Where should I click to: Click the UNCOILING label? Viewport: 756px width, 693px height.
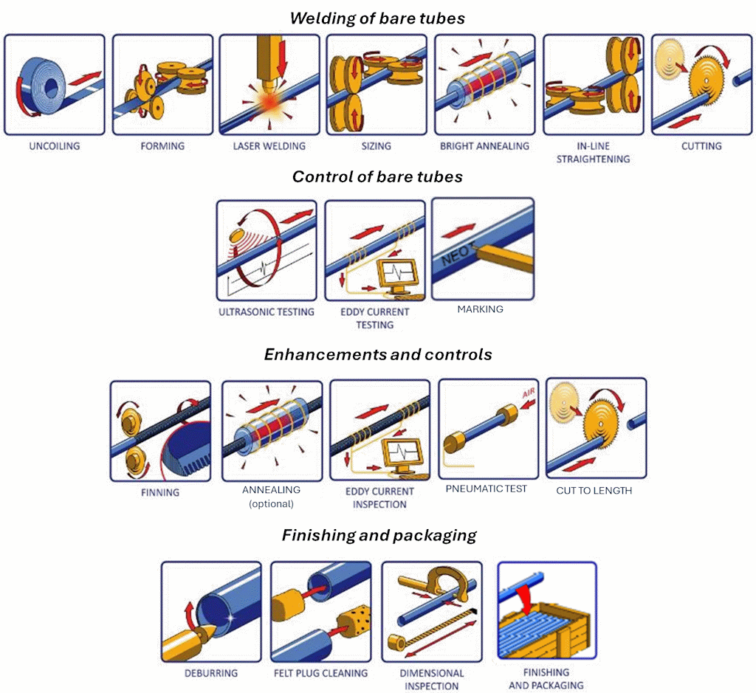pos(54,146)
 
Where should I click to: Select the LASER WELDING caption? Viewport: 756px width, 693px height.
pos(269,146)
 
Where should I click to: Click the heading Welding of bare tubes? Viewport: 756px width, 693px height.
pos(377,18)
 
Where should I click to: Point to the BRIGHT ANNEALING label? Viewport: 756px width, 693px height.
pos(484,146)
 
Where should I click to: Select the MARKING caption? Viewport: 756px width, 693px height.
pos(480,309)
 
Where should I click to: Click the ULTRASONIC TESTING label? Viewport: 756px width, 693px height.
pos(267,312)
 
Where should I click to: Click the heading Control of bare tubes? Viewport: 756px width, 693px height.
pos(377,177)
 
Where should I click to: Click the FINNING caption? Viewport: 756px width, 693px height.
pos(160,492)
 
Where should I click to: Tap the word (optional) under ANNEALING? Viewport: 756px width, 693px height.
pos(271,504)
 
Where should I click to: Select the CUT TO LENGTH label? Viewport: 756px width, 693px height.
pos(594,490)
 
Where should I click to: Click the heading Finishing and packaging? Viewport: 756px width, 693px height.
pos(379,536)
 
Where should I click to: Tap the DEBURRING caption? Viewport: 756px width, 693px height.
pos(211,673)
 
